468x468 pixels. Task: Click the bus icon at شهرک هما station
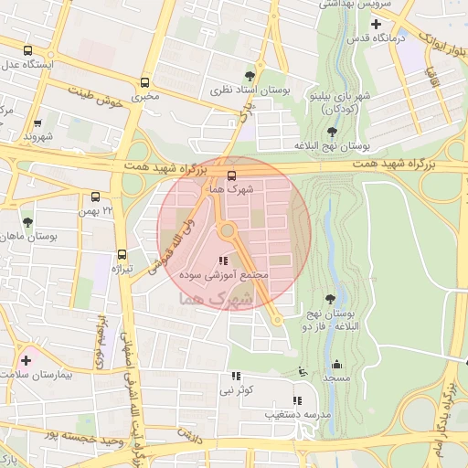point(230,174)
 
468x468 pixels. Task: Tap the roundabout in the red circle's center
point(228,231)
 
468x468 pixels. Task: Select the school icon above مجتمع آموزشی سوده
point(224,261)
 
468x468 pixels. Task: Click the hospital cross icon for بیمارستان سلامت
point(26,361)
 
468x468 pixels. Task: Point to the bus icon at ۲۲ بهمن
point(96,196)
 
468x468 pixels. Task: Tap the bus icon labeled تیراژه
point(122,255)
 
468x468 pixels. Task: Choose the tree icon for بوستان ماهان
point(27,221)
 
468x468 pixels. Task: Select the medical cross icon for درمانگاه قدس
point(400,23)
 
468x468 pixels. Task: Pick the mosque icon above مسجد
point(336,363)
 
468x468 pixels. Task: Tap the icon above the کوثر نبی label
point(236,376)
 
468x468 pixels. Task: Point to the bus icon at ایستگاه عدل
point(27,51)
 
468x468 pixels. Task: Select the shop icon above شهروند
point(37,123)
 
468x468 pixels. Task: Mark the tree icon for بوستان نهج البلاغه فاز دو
point(329,299)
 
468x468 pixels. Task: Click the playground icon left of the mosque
point(303,372)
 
